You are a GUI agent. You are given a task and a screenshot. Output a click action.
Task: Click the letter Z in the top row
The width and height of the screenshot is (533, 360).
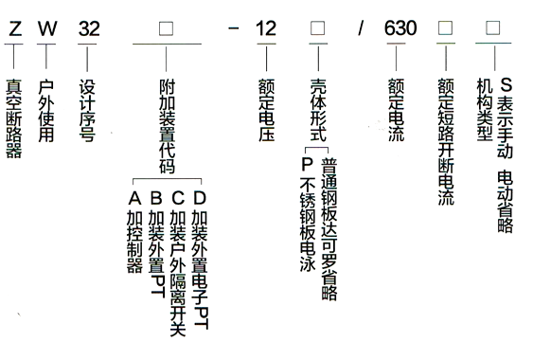[13, 27]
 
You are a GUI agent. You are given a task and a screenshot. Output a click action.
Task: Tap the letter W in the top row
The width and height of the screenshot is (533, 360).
[45, 27]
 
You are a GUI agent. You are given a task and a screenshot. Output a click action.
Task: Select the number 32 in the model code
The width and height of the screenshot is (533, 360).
[88, 27]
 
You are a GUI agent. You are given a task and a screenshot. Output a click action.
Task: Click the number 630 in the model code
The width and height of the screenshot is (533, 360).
[400, 27]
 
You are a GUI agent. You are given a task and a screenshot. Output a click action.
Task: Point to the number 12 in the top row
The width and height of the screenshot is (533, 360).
[266, 27]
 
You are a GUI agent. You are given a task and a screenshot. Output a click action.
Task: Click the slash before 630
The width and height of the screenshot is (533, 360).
[360, 28]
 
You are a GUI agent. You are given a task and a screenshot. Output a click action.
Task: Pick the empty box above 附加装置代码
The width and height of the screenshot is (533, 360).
[166, 28]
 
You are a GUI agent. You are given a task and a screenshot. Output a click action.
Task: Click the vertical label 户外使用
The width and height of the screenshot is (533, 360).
[45, 109]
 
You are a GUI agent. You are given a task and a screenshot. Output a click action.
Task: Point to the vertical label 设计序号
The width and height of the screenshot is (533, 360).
[88, 109]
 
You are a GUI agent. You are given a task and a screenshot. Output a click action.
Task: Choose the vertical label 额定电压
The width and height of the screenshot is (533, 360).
[266, 109]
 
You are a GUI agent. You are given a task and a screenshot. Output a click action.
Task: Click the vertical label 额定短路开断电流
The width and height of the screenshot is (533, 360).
[445, 142]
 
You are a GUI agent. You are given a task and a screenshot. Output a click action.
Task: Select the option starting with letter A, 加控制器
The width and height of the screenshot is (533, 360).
[133, 232]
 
